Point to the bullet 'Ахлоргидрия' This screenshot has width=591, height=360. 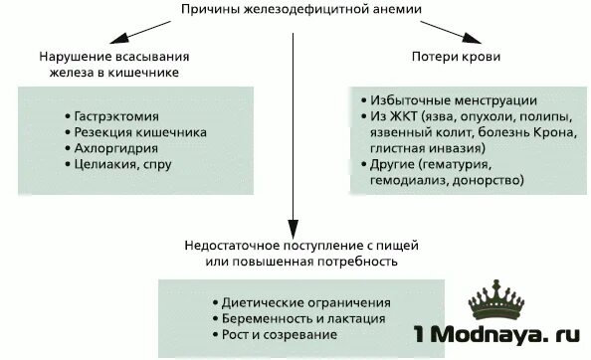pyautogui.click(x=111, y=148)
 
